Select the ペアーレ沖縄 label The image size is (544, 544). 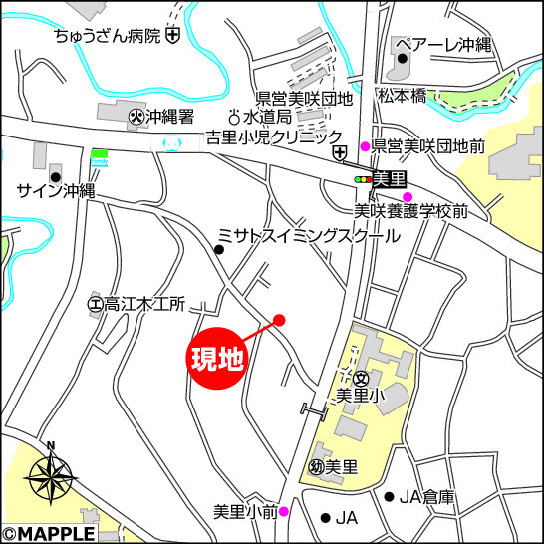443,45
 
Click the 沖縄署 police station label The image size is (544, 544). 170,117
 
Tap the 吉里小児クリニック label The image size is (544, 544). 273,136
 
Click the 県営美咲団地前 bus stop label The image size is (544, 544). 428,146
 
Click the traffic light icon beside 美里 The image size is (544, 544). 362,179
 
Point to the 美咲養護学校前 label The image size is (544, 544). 411,211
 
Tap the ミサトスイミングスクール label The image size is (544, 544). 308,235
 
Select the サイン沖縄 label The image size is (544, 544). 56,190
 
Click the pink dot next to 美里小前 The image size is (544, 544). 284,512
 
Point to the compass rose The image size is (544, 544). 51,478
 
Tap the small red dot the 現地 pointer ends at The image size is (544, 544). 279,320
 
